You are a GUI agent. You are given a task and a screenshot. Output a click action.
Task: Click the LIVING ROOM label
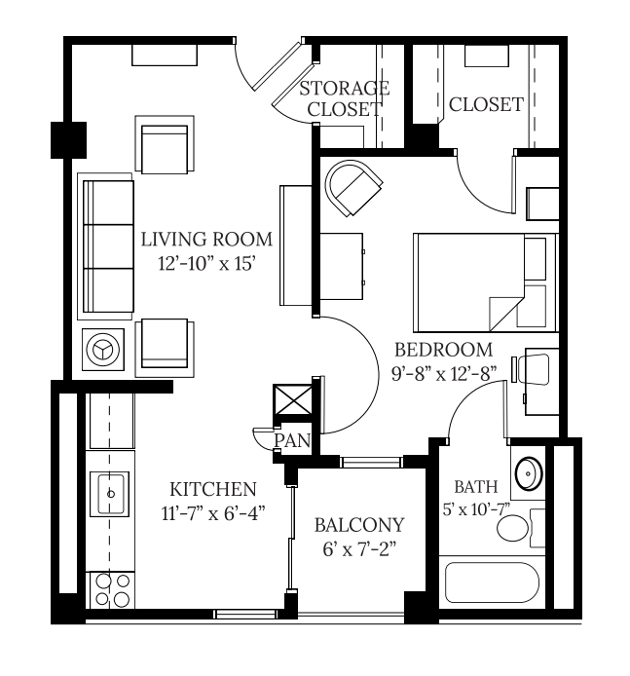206,240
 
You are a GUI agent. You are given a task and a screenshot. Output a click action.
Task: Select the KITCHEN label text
213,489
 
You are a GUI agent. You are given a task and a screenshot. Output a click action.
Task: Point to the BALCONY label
359,525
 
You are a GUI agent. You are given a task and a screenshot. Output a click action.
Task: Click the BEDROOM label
444,350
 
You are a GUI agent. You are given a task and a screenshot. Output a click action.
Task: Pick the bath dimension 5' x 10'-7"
476,509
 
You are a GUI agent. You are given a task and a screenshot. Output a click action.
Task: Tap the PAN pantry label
292,440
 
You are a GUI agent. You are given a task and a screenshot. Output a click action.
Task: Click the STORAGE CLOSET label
345,98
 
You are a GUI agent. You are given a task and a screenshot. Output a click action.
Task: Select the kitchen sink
109,494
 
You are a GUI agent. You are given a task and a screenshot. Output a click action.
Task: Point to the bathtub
492,582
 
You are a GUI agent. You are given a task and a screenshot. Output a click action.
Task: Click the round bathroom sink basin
529,473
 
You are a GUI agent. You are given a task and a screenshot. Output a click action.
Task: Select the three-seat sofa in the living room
107,246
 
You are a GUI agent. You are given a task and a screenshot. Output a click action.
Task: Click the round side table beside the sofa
103,350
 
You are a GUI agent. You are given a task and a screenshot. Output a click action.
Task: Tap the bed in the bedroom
486,282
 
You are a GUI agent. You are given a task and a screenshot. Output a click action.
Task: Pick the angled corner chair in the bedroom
353,188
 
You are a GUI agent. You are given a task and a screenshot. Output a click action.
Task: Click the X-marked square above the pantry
293,399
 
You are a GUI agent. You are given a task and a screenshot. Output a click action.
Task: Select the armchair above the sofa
165,144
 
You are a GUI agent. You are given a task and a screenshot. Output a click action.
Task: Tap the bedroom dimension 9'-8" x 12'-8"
444,374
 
